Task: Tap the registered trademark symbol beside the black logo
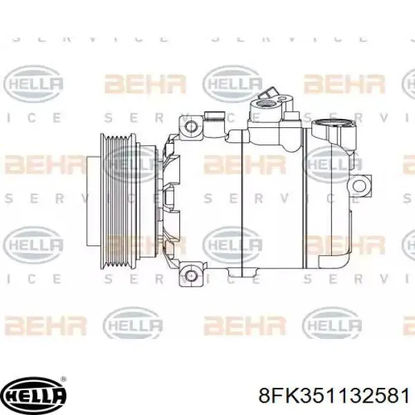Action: click(x=64, y=380)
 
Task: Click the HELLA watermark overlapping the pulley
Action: click(x=131, y=164)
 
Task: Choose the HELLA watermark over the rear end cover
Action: click(x=332, y=164)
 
